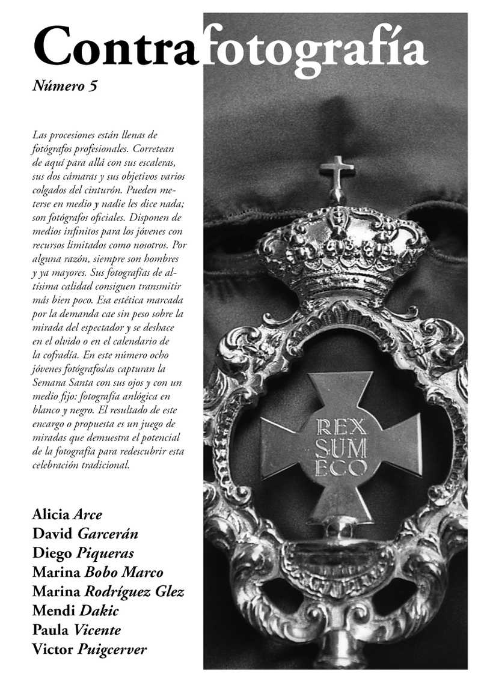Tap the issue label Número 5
pos(65,87)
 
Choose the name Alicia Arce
pos(67,514)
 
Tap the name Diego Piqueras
pos(83,553)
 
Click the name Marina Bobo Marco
pos(97,572)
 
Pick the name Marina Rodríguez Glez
pos(108,591)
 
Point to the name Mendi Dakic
pos(76,611)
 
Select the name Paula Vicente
pos(77,630)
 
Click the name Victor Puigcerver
pos(90,650)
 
